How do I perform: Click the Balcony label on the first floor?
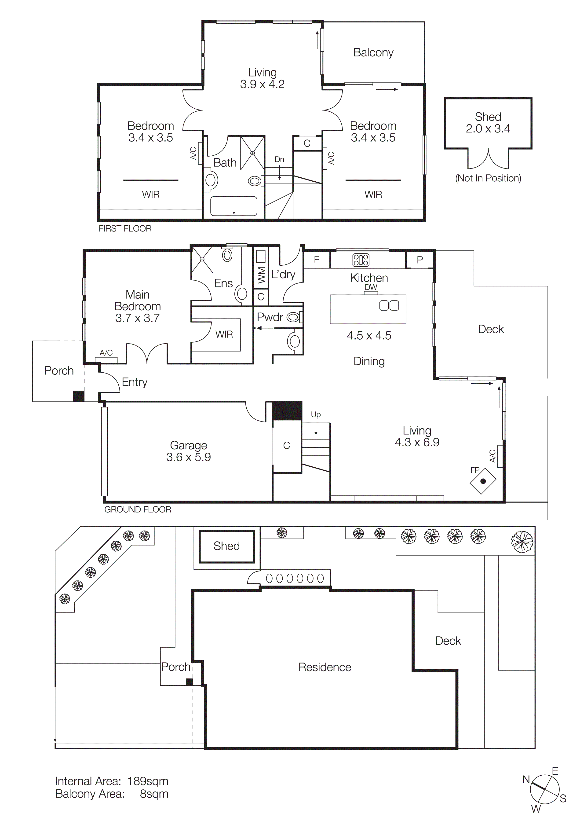tap(373, 53)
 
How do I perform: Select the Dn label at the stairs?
tap(279, 159)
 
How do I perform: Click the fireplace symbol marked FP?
tap(483, 481)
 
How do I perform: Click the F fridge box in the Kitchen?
tap(316, 260)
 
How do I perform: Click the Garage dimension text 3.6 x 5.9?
tap(188, 457)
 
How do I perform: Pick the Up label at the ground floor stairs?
tap(316, 414)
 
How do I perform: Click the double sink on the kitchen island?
tap(389, 306)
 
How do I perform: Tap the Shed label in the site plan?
tap(226, 546)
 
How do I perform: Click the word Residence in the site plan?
tap(325, 667)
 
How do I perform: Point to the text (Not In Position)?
tap(488, 178)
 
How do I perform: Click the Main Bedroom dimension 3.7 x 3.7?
tap(137, 318)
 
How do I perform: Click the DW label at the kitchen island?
tap(371, 287)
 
